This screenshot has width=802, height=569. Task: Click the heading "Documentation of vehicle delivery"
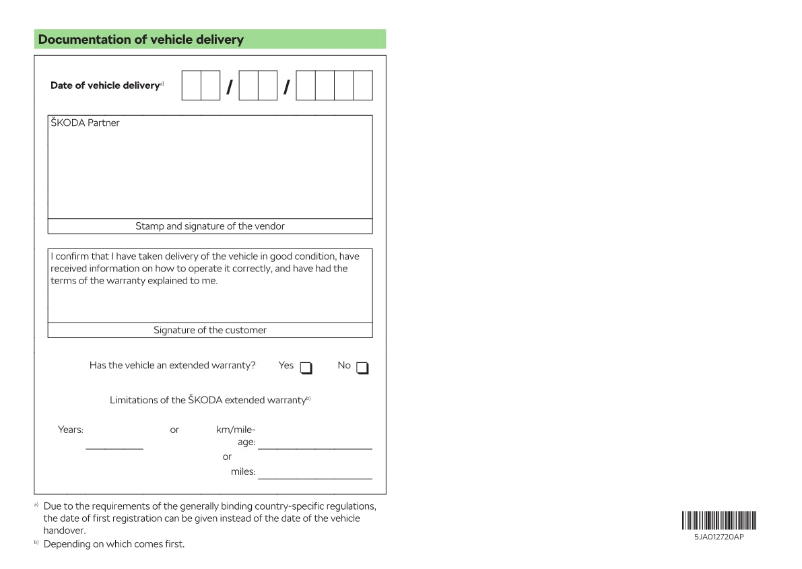pyautogui.click(x=141, y=40)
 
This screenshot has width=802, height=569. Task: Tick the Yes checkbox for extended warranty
pyautogui.click(x=306, y=368)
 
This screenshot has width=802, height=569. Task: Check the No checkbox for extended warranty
pyautogui.click(x=362, y=368)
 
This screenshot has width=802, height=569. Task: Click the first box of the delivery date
pyautogui.click(x=191, y=86)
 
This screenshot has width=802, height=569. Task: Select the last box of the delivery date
pyautogui.click(x=363, y=86)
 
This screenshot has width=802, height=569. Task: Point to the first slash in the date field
pyautogui.click(x=230, y=87)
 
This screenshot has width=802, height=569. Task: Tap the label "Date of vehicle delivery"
pyautogui.click(x=104, y=86)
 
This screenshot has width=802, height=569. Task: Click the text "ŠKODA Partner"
pyautogui.click(x=85, y=123)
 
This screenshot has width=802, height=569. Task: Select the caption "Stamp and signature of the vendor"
pyautogui.click(x=210, y=226)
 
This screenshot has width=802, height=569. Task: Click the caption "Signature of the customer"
pyautogui.click(x=210, y=330)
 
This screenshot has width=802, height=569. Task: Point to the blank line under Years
pyautogui.click(x=114, y=448)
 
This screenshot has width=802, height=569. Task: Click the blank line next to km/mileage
pyautogui.click(x=314, y=448)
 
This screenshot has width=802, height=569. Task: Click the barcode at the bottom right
pyautogui.click(x=719, y=521)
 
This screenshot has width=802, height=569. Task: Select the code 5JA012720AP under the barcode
pyautogui.click(x=719, y=537)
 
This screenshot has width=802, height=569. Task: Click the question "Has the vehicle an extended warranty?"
pyautogui.click(x=172, y=366)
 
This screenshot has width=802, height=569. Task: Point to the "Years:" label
pyautogui.click(x=71, y=430)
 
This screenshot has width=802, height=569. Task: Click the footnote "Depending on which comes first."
pyautogui.click(x=114, y=544)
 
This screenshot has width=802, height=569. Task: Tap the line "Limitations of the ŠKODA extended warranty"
pyautogui.click(x=207, y=400)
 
